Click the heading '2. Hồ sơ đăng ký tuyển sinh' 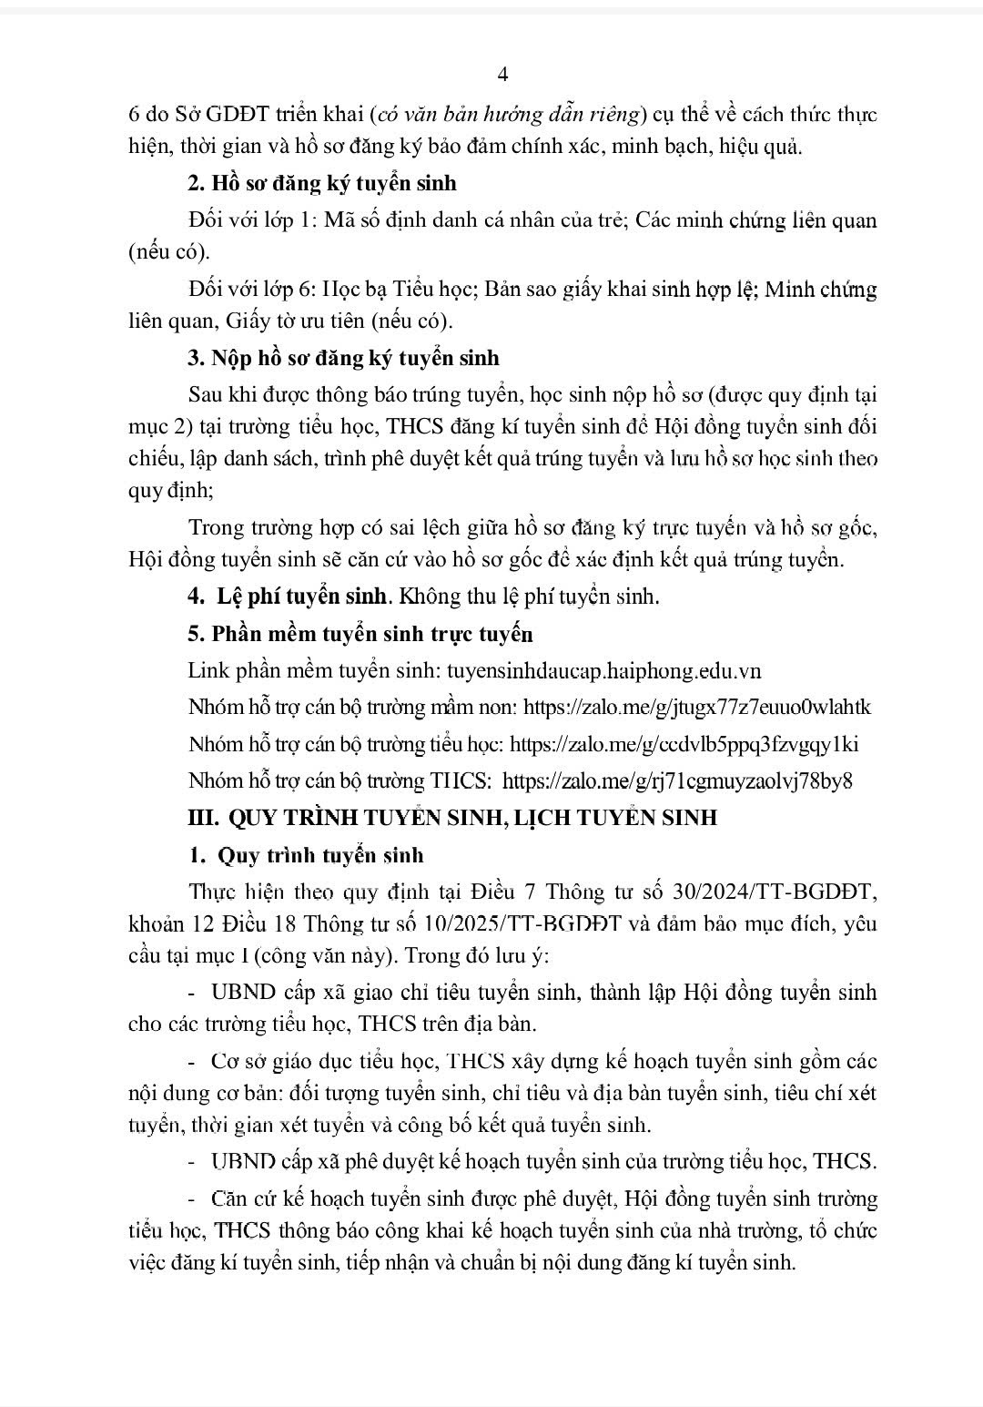[322, 183]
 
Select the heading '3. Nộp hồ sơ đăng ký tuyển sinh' [343, 358]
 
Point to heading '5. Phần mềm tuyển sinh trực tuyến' [360, 634]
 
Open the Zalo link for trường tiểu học [684, 744]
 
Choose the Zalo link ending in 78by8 [677, 781]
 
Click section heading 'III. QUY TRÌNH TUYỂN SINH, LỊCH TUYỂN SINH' [451, 818]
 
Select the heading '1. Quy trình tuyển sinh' [306, 855]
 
